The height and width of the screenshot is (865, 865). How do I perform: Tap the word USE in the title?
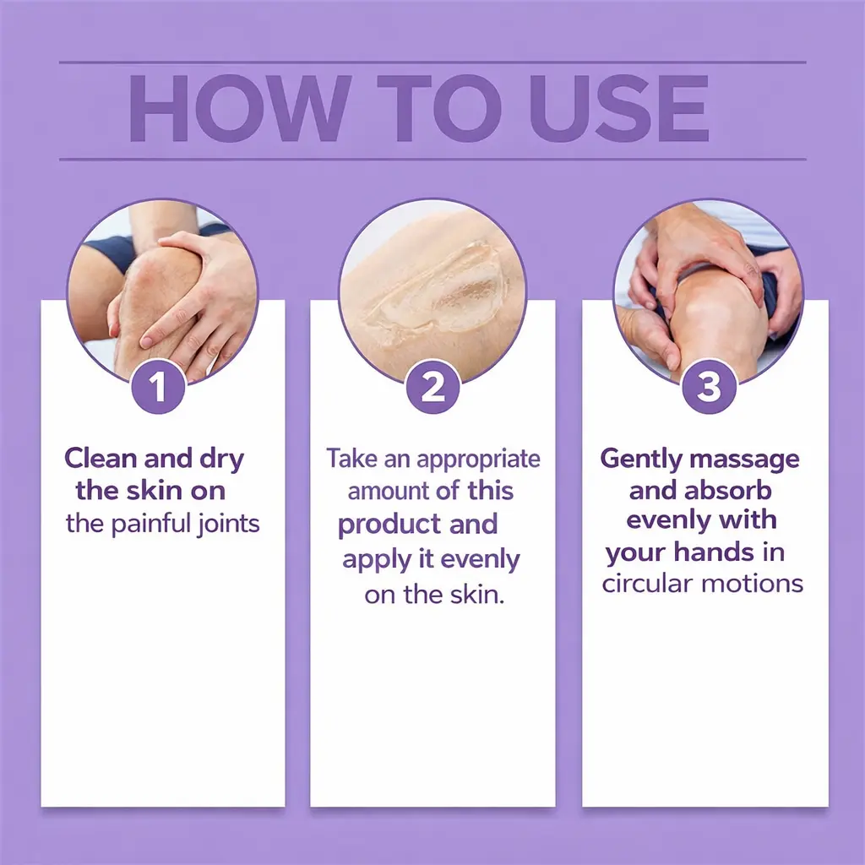[x=619, y=109]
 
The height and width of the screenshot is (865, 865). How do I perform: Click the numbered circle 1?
[x=158, y=386]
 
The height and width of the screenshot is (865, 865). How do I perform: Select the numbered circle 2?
[x=432, y=386]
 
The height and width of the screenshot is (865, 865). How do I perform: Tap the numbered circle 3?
[x=709, y=386]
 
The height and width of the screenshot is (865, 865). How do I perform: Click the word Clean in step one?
[x=101, y=458]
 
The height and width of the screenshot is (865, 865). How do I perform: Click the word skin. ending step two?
[x=477, y=594]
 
